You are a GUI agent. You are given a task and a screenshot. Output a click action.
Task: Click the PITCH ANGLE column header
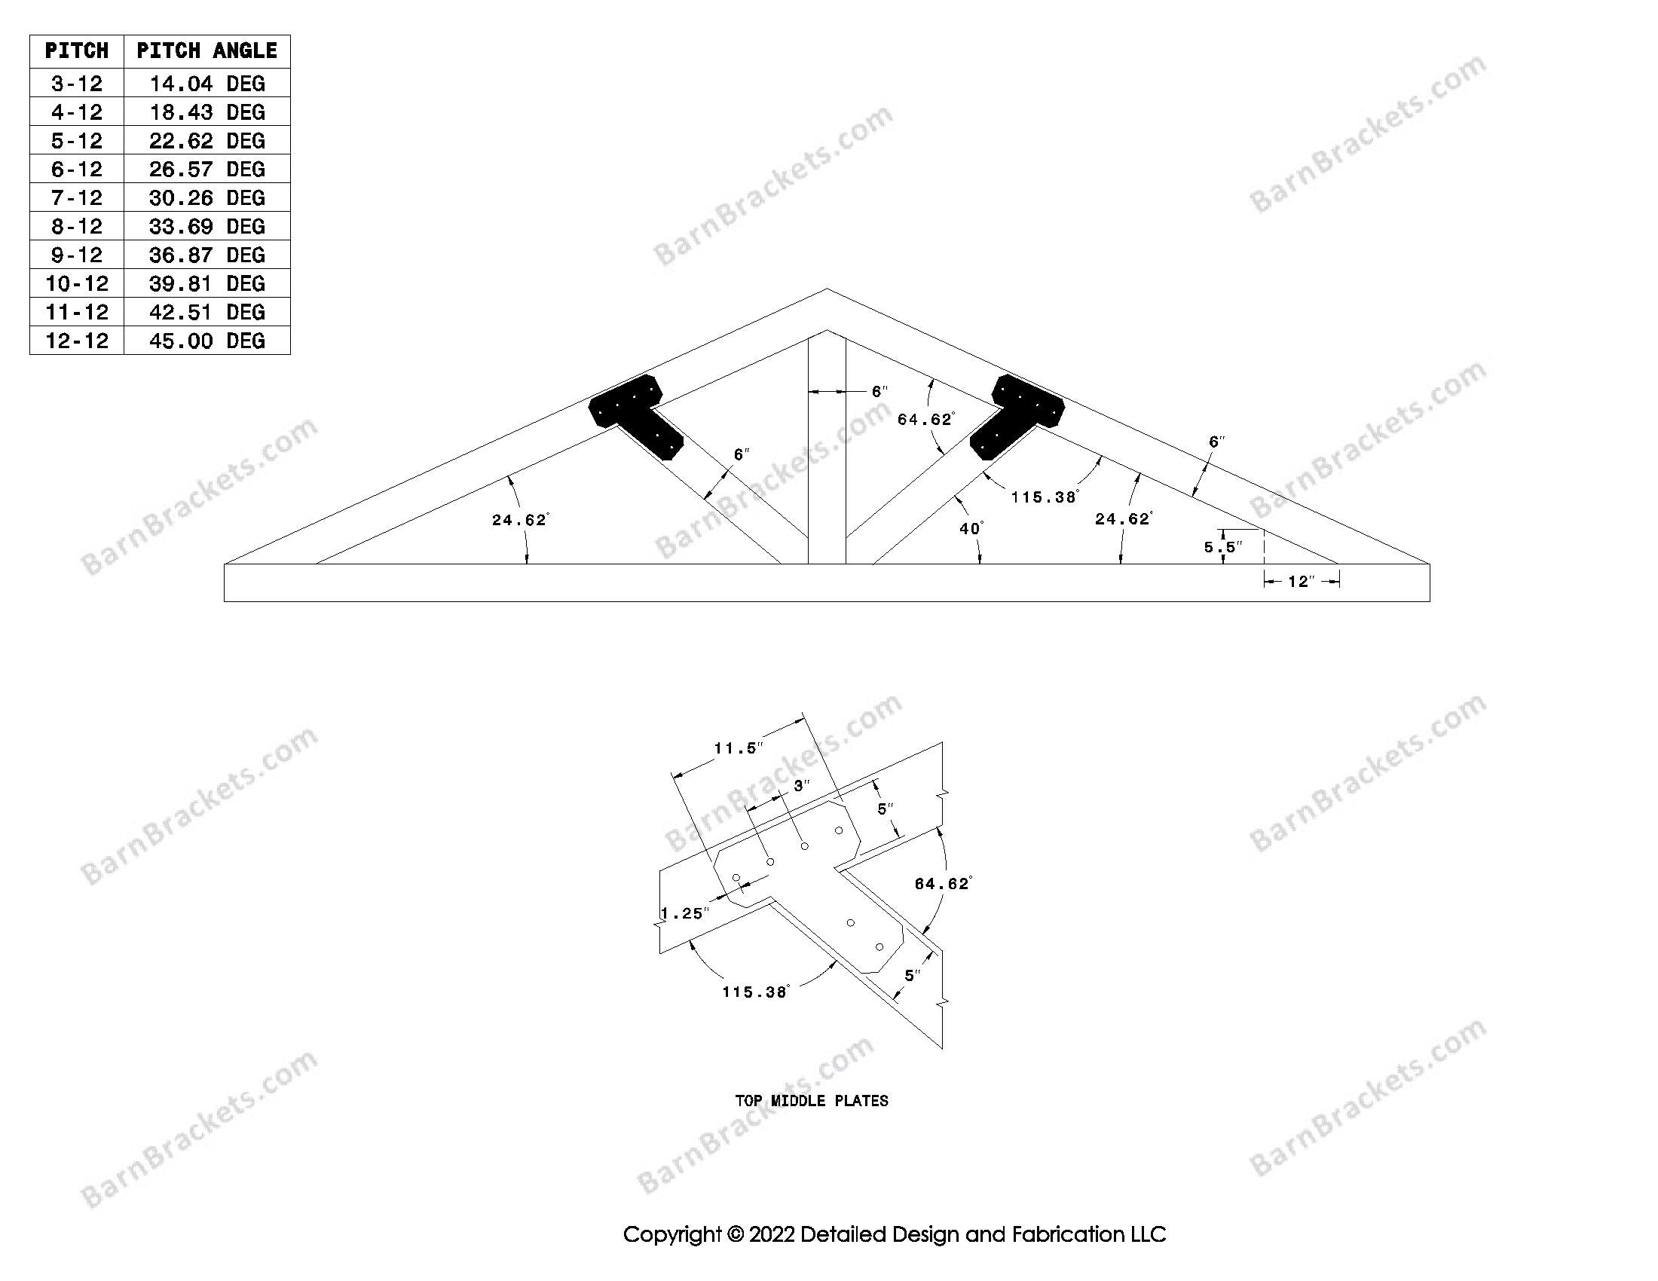pyautogui.click(x=206, y=50)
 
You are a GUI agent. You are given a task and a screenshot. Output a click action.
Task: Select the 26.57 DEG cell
pyautogui.click(x=206, y=169)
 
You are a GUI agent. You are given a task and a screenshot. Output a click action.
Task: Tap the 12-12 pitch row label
pyautogui.click(x=77, y=341)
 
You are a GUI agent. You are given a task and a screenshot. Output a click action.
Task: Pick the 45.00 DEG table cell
pyautogui.click(x=206, y=341)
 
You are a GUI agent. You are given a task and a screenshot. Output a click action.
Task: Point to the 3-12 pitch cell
pyautogui.click(x=77, y=83)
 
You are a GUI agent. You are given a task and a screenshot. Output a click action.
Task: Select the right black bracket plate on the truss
pyautogui.click(x=1020, y=414)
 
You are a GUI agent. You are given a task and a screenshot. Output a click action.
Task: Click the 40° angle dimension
pyautogui.click(x=971, y=528)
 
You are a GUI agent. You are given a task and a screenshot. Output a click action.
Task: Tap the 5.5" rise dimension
pyautogui.click(x=1222, y=546)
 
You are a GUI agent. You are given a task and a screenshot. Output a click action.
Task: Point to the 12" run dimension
pyautogui.click(x=1300, y=581)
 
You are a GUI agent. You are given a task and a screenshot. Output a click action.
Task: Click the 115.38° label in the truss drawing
pyautogui.click(x=1044, y=498)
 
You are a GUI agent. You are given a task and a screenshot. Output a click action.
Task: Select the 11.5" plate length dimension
pyautogui.click(x=737, y=748)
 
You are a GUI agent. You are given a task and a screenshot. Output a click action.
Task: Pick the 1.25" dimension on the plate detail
pyautogui.click(x=684, y=913)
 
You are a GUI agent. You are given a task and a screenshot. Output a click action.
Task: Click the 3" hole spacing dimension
pyautogui.click(x=802, y=786)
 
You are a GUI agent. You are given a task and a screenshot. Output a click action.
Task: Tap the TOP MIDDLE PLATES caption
pyautogui.click(x=812, y=1100)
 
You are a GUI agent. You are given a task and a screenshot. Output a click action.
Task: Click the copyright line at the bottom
pyautogui.click(x=895, y=1235)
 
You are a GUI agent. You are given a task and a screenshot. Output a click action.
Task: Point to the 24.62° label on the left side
pyautogui.click(x=519, y=520)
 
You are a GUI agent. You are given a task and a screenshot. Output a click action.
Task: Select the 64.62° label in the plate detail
pyautogui.click(x=942, y=883)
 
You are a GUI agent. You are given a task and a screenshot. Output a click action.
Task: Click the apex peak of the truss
pyautogui.click(x=827, y=289)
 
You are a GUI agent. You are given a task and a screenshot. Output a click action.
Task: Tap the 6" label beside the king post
pyautogui.click(x=879, y=392)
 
